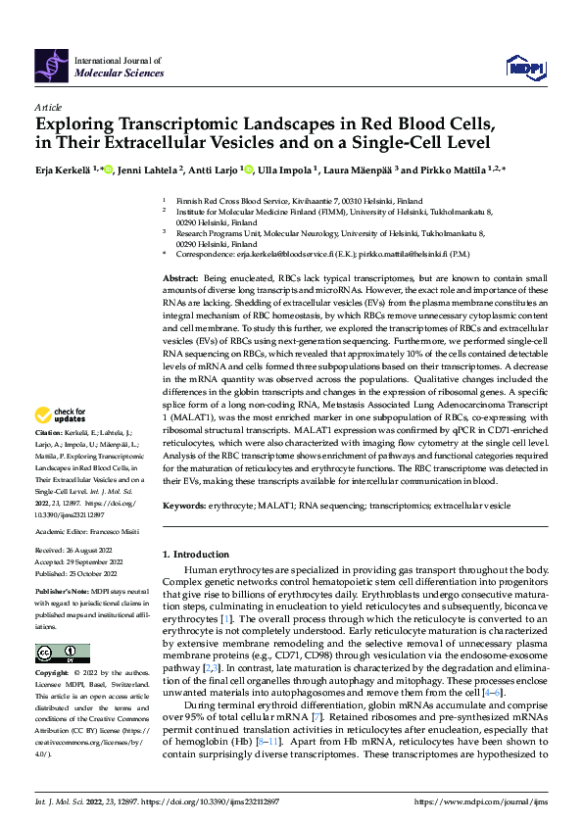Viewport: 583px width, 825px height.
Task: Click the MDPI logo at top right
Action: pos(523,67)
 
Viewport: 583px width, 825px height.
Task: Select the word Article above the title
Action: pos(48,106)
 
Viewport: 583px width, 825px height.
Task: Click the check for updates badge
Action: pos(63,442)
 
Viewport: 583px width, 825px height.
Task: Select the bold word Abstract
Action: pos(181,279)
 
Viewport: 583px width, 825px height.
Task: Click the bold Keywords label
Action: pos(185,505)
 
